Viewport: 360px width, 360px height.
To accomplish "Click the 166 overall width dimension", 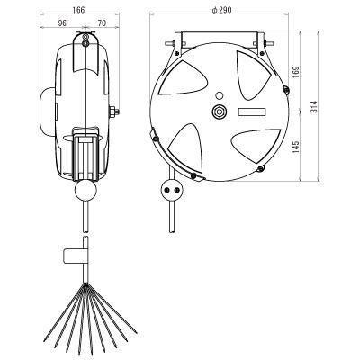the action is coord(78,10).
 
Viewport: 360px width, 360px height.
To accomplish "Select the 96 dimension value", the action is coord(62,23).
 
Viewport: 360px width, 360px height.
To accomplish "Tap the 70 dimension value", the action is coord(102,23).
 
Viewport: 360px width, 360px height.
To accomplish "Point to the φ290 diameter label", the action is coord(221,10).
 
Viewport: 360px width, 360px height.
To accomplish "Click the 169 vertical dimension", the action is coord(295,72).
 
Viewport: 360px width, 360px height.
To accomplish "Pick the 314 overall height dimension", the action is coord(313,106).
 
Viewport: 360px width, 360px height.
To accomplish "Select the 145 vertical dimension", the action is coord(295,146).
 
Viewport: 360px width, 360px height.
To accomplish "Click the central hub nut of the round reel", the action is coord(220,112).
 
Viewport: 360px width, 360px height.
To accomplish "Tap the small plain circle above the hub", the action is coord(220,95).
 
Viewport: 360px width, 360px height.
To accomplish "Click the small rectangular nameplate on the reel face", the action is coord(252,112).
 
